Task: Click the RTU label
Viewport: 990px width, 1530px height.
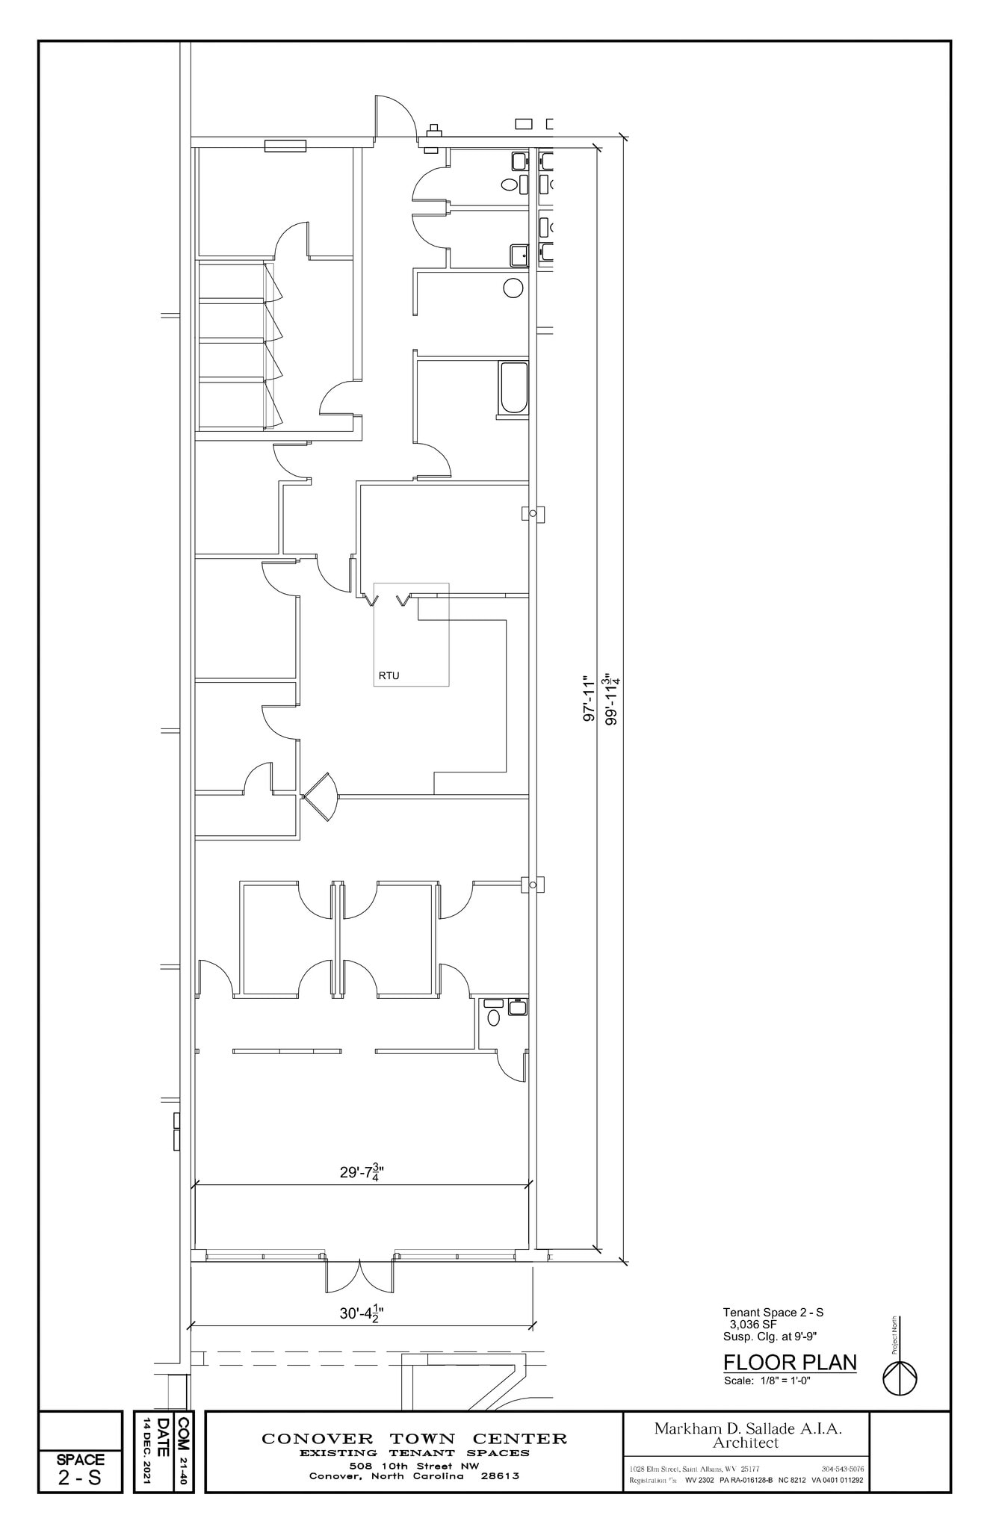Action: point(389,675)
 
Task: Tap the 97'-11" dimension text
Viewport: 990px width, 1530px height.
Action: point(589,699)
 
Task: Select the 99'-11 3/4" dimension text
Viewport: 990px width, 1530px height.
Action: point(613,699)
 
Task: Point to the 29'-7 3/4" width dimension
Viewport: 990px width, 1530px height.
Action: point(362,1172)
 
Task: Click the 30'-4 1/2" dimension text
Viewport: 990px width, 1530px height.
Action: point(362,1312)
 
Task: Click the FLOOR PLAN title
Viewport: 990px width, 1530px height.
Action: point(790,1362)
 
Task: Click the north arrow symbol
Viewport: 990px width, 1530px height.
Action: point(900,1378)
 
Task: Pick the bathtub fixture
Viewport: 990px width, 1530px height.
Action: point(514,387)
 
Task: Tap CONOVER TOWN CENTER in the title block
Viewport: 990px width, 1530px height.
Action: point(414,1438)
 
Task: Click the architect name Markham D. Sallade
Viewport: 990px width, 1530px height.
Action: point(747,1428)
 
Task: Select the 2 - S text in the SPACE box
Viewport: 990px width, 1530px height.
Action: point(79,1478)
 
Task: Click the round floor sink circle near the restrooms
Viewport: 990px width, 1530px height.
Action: point(513,288)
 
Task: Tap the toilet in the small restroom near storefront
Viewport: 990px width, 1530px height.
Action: point(493,1017)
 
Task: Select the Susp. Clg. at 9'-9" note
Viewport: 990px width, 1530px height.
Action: point(764,1337)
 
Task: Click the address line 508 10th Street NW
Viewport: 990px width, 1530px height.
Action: point(414,1466)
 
